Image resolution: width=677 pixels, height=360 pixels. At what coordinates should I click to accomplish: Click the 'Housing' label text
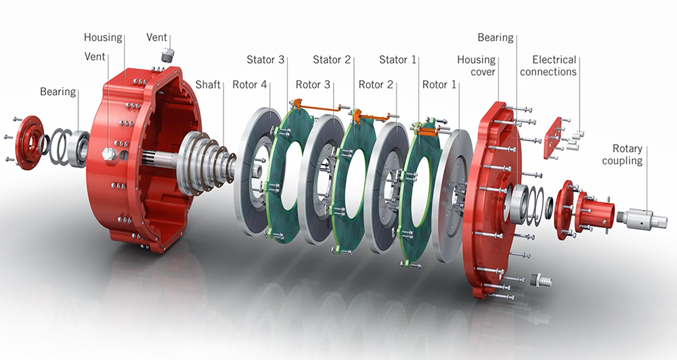(103, 37)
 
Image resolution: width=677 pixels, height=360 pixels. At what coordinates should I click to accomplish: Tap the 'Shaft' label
(208, 84)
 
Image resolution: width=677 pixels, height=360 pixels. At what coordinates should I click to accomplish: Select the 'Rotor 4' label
(250, 84)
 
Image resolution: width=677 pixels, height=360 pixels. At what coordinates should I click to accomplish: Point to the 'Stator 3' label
(265, 60)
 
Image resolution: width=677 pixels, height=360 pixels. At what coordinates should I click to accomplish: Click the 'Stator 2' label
(332, 60)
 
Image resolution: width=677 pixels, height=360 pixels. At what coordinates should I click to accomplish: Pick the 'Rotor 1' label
(439, 85)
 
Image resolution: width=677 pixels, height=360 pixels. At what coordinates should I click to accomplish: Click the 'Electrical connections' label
(548, 66)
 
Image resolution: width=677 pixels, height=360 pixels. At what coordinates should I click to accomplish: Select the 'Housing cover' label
(476, 66)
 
